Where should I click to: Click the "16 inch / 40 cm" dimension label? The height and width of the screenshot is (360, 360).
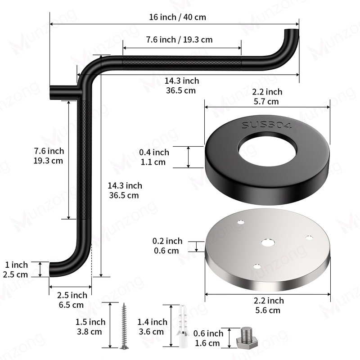[x=177, y=17]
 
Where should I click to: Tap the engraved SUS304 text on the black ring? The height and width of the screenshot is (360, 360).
[x=267, y=126]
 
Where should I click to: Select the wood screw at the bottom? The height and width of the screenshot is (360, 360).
[x=124, y=325]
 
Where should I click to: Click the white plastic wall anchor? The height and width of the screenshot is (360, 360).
[x=183, y=326]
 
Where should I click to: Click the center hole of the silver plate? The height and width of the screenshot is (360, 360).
[x=268, y=243]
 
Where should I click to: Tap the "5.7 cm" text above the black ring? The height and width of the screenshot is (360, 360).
[x=266, y=102]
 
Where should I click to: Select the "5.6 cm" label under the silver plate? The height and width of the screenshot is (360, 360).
[x=268, y=310]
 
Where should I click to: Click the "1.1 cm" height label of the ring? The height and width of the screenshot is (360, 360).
[x=153, y=162]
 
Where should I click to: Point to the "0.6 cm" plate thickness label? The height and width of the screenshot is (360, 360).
[x=166, y=251]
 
